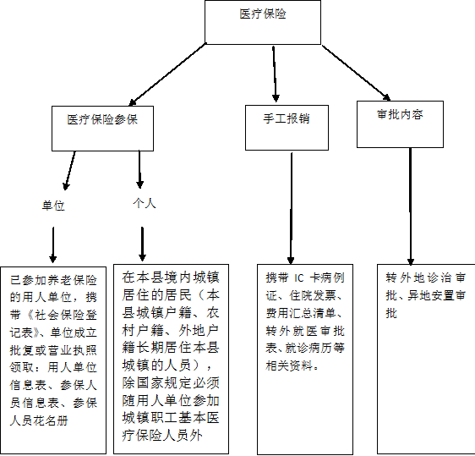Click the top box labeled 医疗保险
263,22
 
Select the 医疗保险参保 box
103,129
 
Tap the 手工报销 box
287,128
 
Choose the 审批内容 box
400,124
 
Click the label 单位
53,206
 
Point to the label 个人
145,203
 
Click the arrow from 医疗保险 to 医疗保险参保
167,74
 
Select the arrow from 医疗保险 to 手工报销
275,74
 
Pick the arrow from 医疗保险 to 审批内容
356,73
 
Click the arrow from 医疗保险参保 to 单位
70,171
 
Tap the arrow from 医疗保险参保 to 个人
139,169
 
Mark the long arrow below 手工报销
291,208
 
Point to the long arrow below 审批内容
411,206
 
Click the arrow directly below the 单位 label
53,244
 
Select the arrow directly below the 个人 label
142,244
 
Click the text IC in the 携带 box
298,277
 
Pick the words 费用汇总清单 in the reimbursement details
302,313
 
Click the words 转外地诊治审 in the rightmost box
426,277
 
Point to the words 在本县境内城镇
171,277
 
